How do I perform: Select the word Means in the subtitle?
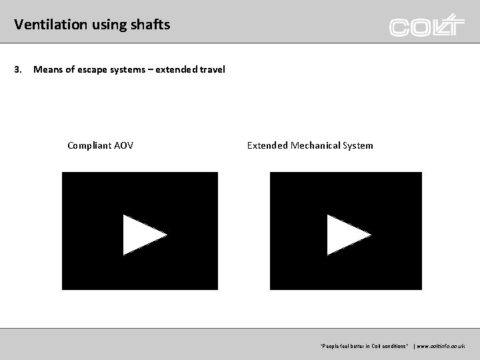(x=47, y=69)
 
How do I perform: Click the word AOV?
(x=123, y=145)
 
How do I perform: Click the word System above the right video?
(x=358, y=145)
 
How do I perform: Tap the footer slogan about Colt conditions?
(x=364, y=347)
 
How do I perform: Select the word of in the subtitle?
(x=71, y=69)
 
